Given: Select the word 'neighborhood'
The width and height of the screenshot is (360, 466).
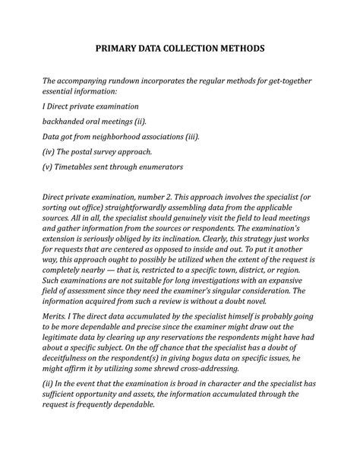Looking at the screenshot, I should (141, 137).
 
